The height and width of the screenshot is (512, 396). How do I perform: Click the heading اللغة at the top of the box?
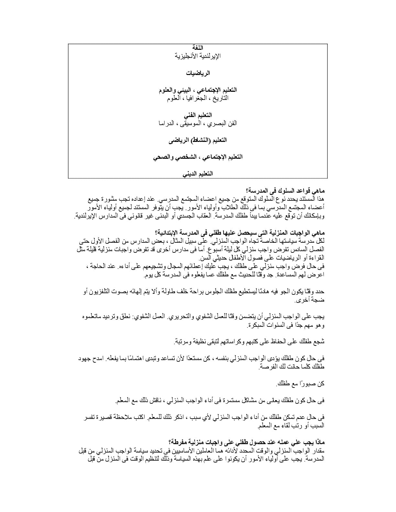[198, 48]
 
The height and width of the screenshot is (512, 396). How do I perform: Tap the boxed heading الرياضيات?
[198, 73]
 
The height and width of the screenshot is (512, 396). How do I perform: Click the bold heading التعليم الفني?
[198, 115]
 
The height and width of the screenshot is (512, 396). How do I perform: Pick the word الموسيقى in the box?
[195, 123]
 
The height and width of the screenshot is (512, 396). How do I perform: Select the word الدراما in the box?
[167, 123]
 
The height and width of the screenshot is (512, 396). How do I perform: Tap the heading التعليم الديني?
[198, 174]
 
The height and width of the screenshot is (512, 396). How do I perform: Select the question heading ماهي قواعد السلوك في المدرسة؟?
[285, 191]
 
